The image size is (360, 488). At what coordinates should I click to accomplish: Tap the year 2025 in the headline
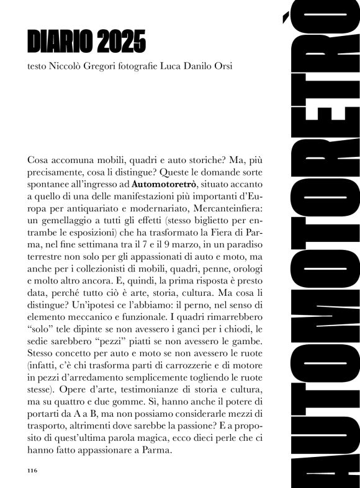click(x=122, y=42)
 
